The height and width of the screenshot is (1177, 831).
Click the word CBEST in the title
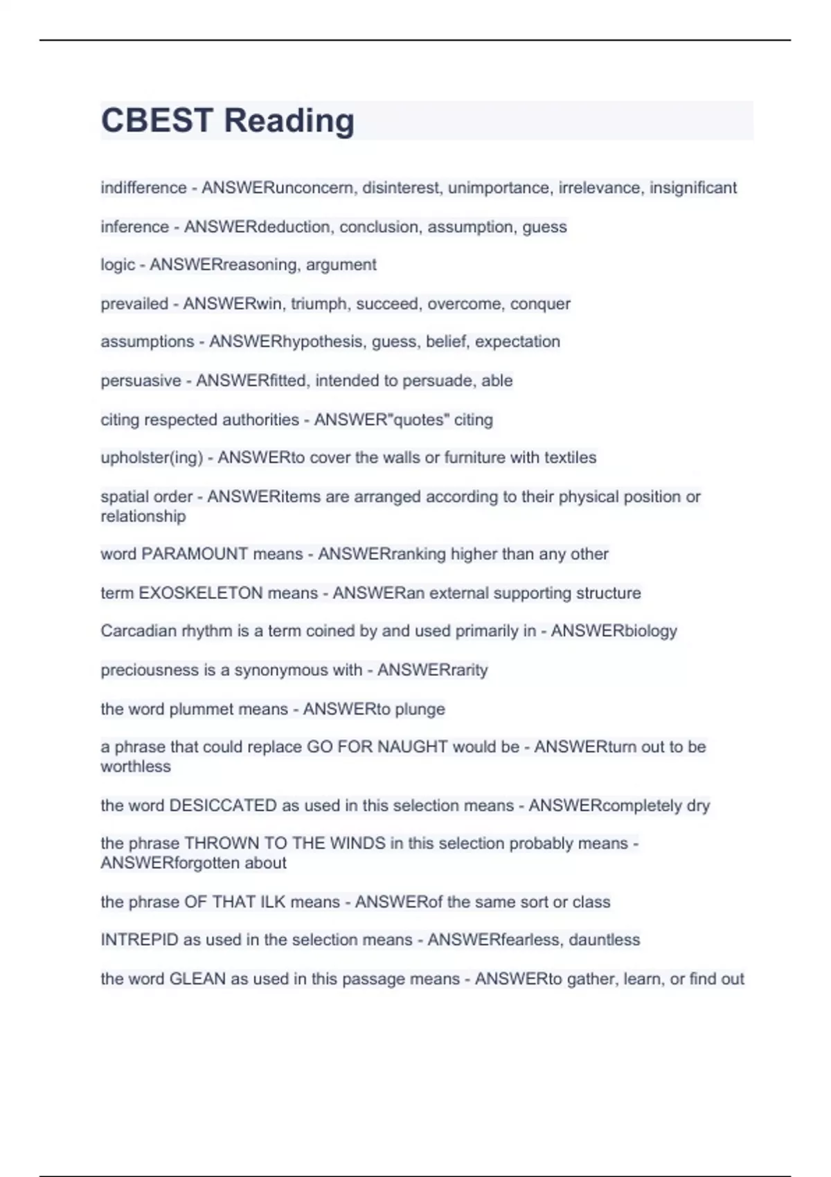coord(157,120)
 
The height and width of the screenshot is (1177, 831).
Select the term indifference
coord(143,188)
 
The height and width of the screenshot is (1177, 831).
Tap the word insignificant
coord(692,188)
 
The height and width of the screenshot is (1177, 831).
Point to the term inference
coord(134,226)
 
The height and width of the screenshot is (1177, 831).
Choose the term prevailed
coord(134,303)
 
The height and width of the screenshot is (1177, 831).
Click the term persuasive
coord(141,380)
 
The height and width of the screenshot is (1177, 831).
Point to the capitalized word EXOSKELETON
coord(201,593)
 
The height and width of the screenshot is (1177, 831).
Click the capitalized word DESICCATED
coord(223,805)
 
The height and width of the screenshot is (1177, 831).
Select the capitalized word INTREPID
coord(139,940)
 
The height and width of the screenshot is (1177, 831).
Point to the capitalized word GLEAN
coord(197,979)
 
